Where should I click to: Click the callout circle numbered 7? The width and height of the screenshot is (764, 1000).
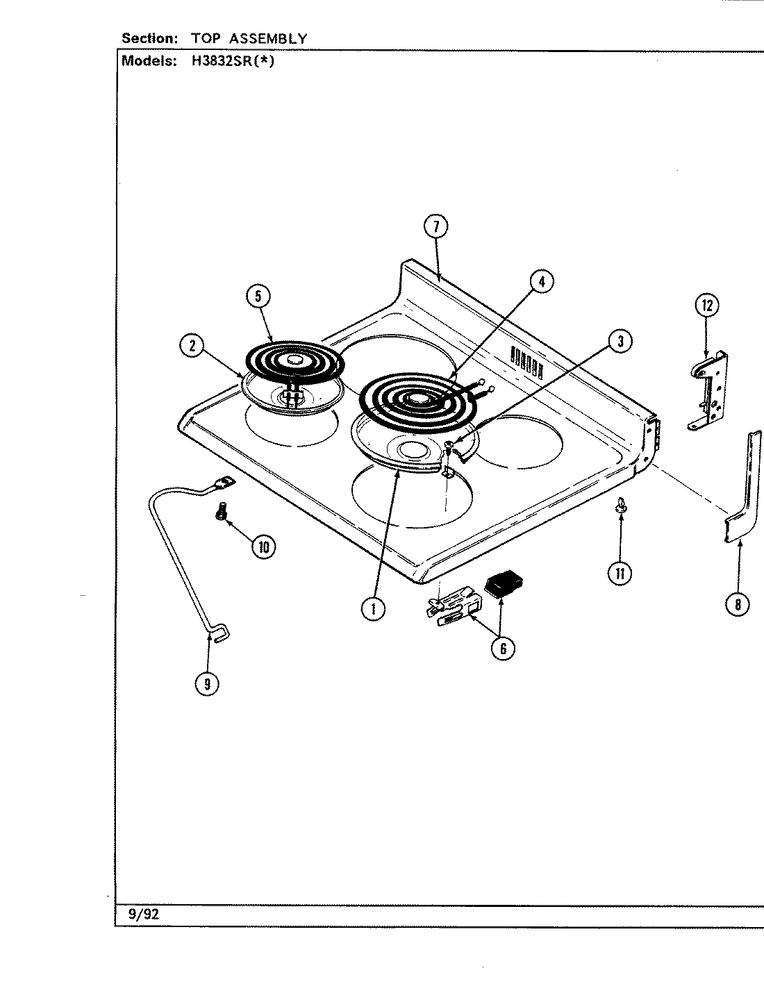coord(436,228)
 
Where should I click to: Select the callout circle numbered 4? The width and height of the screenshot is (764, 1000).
coord(542,281)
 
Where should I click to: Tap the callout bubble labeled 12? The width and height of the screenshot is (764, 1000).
coord(706,306)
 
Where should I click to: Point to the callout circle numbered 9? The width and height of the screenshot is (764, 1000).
coord(207,683)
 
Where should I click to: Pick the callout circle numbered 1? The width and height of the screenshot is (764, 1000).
coord(373,608)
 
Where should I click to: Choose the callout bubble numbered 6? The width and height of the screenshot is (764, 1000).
coord(502,648)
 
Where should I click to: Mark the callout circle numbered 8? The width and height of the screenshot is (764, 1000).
coord(737,604)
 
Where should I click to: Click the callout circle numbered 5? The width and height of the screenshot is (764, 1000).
coord(258,297)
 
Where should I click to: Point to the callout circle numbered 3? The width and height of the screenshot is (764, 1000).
coord(620,340)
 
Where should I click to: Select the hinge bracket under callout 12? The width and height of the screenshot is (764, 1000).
coord(708,392)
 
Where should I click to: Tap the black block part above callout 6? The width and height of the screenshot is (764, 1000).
coord(504,583)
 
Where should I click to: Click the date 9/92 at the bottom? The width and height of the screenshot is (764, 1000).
coord(144,914)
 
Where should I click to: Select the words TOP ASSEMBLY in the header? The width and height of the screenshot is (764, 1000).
coord(249,38)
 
